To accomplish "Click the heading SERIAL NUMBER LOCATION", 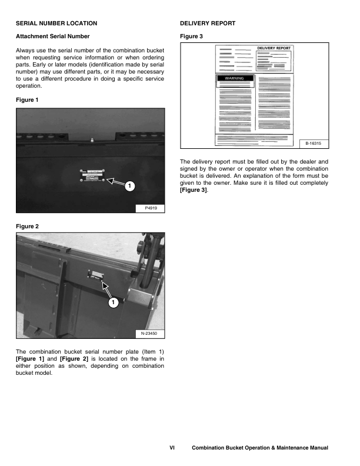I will [x=56, y=24].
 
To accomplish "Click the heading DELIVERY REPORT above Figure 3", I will [x=207, y=24].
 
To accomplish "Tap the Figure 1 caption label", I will [x=26, y=100].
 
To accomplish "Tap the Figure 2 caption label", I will [x=26, y=226].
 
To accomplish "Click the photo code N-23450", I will [x=150, y=334].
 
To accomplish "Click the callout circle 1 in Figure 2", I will [x=113, y=302].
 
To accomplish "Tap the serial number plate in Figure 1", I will [x=93, y=176].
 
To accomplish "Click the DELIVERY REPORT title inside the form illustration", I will [x=274, y=49].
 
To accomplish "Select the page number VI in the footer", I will [x=172, y=448].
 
